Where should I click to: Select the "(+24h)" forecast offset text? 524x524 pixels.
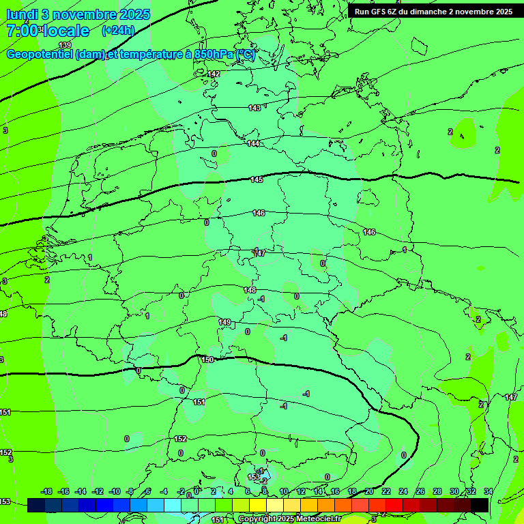click(118, 31)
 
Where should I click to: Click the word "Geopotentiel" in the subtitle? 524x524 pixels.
click(40, 55)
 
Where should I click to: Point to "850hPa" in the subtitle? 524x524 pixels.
click(214, 55)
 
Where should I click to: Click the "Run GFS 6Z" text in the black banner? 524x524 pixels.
click(375, 12)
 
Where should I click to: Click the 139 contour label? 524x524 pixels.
click(65, 45)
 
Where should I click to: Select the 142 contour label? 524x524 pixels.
click(214, 74)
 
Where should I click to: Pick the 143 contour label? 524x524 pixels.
click(254, 108)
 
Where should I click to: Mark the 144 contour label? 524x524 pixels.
click(253, 143)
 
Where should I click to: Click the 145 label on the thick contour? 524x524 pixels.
click(257, 179)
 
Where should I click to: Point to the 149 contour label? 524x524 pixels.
click(224, 322)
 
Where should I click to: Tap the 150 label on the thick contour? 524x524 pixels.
click(207, 359)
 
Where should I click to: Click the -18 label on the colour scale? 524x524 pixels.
click(46, 491)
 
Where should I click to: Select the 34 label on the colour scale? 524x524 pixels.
click(489, 491)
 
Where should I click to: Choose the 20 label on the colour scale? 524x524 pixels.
click(369, 491)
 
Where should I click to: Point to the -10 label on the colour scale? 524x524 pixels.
click(115, 491)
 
